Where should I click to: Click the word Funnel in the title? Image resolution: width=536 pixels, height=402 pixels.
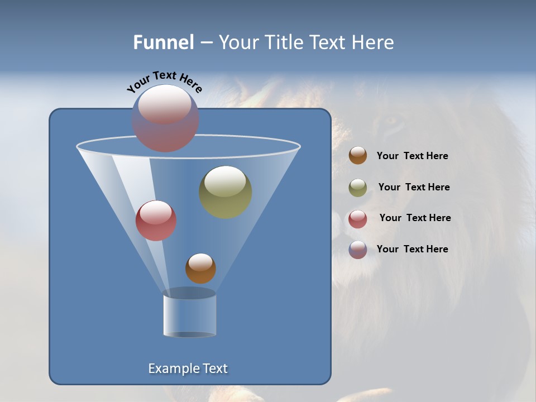pos(163,42)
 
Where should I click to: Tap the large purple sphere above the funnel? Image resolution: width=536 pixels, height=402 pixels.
pos(165,118)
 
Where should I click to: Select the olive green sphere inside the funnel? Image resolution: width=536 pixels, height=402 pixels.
pos(226,192)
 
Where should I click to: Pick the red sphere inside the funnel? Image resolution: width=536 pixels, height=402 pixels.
pos(156,221)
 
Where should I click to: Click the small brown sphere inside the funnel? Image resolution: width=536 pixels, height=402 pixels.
pos(200,268)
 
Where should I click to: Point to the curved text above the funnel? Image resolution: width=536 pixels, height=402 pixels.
pos(164,81)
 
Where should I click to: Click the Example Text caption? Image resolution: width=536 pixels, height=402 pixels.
pos(188,368)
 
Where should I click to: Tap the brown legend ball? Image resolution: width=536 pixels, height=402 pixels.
pos(358,156)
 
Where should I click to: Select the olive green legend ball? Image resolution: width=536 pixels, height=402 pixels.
pos(358,188)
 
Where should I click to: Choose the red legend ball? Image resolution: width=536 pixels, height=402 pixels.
pos(358,219)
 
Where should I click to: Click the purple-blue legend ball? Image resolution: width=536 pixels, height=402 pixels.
pos(358,250)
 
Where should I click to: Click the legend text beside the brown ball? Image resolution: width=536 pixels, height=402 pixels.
pos(412,156)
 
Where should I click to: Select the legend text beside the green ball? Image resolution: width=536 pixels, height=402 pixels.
pos(414,187)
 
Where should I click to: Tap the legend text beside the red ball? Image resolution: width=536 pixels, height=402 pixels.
pos(415,218)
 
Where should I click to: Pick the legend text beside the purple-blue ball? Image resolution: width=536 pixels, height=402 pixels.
pos(412,249)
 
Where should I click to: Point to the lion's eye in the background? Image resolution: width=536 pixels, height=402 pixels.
pos(393,121)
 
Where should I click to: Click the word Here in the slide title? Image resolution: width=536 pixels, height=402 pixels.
pos(374,42)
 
